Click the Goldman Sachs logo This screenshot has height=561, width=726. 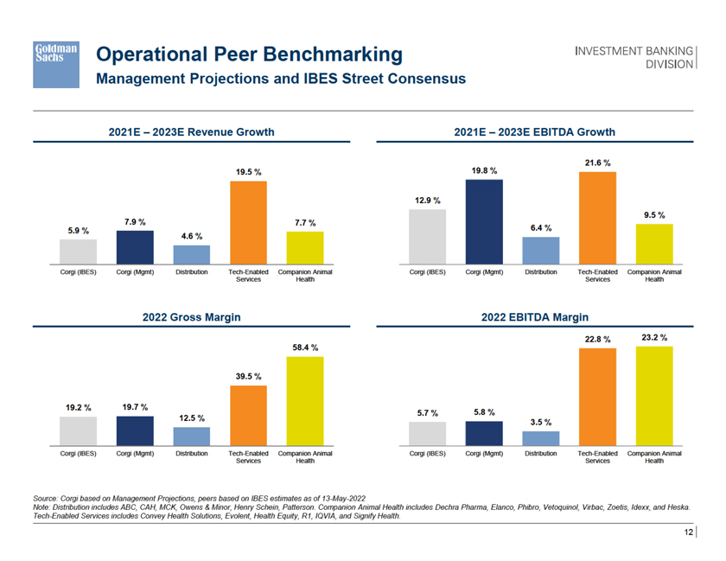(x=57, y=63)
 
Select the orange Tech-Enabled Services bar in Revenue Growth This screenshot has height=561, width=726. (x=248, y=222)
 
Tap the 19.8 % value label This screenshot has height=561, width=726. (x=484, y=170)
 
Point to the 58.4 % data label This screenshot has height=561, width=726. (x=304, y=347)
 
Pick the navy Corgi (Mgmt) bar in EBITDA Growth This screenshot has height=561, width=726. (x=484, y=220)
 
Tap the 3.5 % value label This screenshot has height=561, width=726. (x=541, y=422)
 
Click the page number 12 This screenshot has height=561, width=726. (x=689, y=533)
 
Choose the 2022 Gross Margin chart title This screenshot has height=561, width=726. (x=191, y=317)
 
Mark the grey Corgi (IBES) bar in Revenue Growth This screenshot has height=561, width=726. (x=78, y=251)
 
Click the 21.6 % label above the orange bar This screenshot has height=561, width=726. (x=597, y=163)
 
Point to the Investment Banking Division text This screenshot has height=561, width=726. (x=635, y=58)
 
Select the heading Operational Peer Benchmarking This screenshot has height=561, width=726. (x=250, y=55)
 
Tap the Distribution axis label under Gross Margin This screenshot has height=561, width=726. (x=191, y=453)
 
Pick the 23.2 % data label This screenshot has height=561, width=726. (x=654, y=336)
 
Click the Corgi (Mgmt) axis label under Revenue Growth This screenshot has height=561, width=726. (x=135, y=272)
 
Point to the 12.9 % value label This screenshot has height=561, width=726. (x=427, y=201)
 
